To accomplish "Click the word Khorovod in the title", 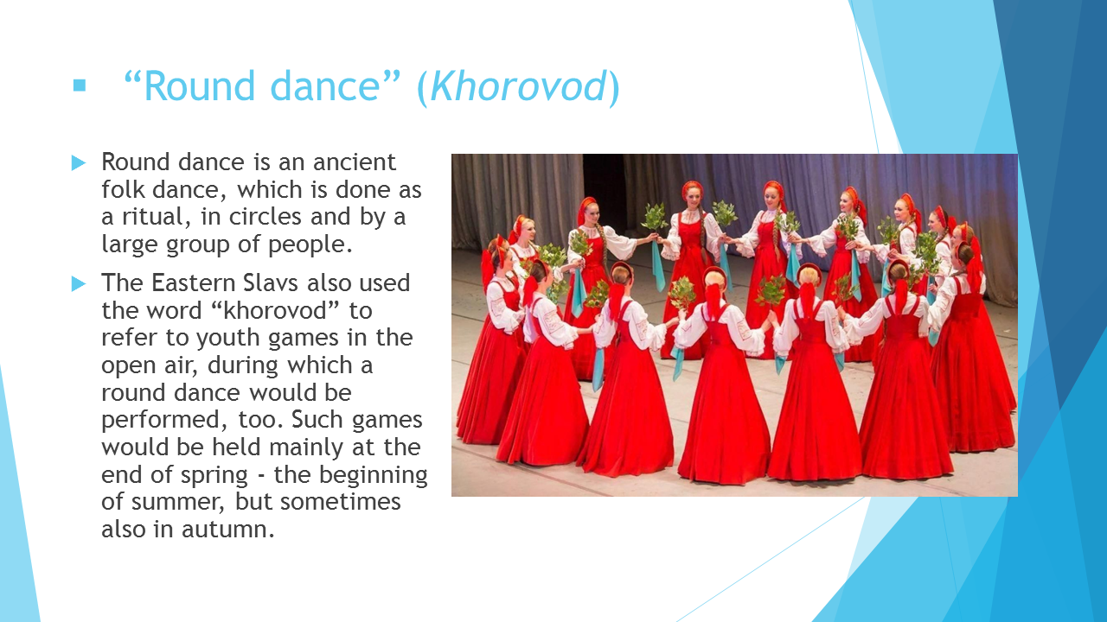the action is (x=518, y=87).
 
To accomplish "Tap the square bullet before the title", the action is (x=79, y=85).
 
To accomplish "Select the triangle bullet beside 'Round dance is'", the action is (x=79, y=163).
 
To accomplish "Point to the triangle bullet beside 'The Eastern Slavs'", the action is (x=79, y=284).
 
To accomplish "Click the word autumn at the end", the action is (x=227, y=530).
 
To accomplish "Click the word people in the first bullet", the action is (x=310, y=244).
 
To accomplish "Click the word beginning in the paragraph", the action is (x=373, y=475).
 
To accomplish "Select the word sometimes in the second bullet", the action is (x=341, y=502).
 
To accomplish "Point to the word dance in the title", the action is (x=325, y=87).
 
